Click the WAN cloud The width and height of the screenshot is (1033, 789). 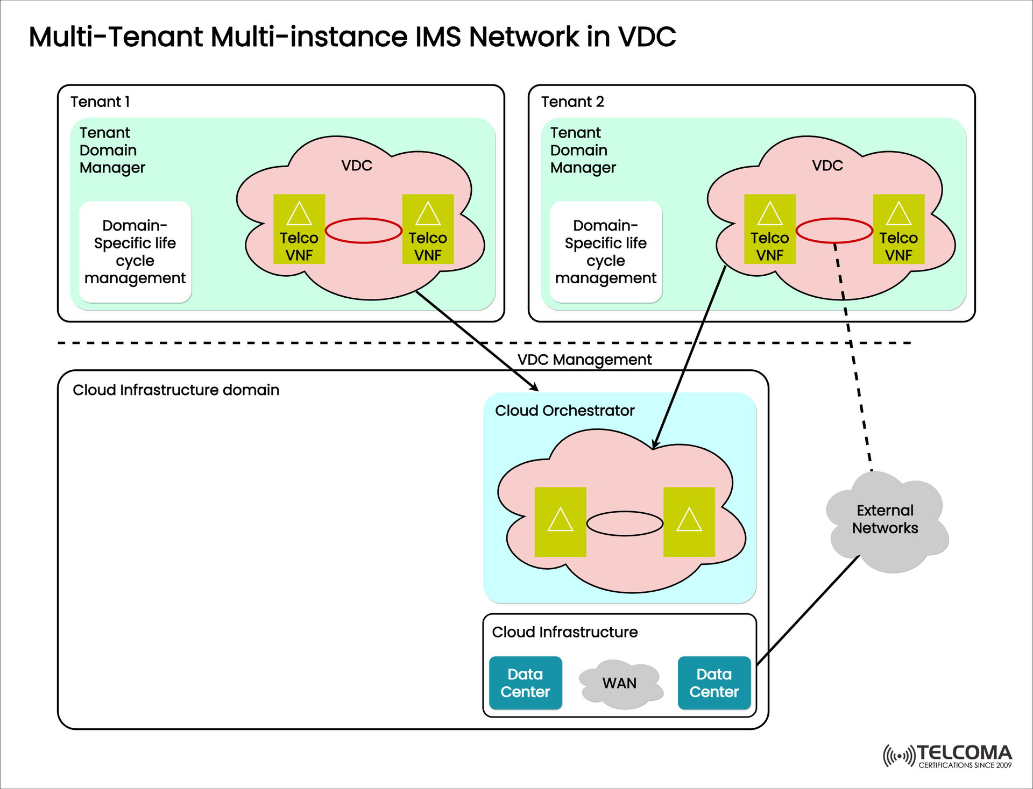620,683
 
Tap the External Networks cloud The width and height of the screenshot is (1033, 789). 885,519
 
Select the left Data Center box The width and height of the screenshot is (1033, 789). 525,683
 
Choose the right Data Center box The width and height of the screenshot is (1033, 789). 714,683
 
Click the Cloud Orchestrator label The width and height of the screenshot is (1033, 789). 564,411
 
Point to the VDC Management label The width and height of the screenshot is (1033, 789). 584,360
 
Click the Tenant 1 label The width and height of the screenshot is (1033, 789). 100,102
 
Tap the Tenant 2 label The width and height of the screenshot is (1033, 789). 572,102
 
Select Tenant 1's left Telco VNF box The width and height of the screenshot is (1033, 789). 299,229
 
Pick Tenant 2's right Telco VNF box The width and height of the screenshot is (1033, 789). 898,229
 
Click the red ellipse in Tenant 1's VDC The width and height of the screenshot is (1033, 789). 364,231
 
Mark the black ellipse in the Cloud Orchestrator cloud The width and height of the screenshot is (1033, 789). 625,523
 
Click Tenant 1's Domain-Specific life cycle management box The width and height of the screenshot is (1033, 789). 135,252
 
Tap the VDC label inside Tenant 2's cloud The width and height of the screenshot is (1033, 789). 827,166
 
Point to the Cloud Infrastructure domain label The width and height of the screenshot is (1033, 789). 176,390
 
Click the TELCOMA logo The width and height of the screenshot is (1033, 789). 947,756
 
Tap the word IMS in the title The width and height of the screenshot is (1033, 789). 438,37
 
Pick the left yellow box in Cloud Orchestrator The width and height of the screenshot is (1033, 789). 560,521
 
